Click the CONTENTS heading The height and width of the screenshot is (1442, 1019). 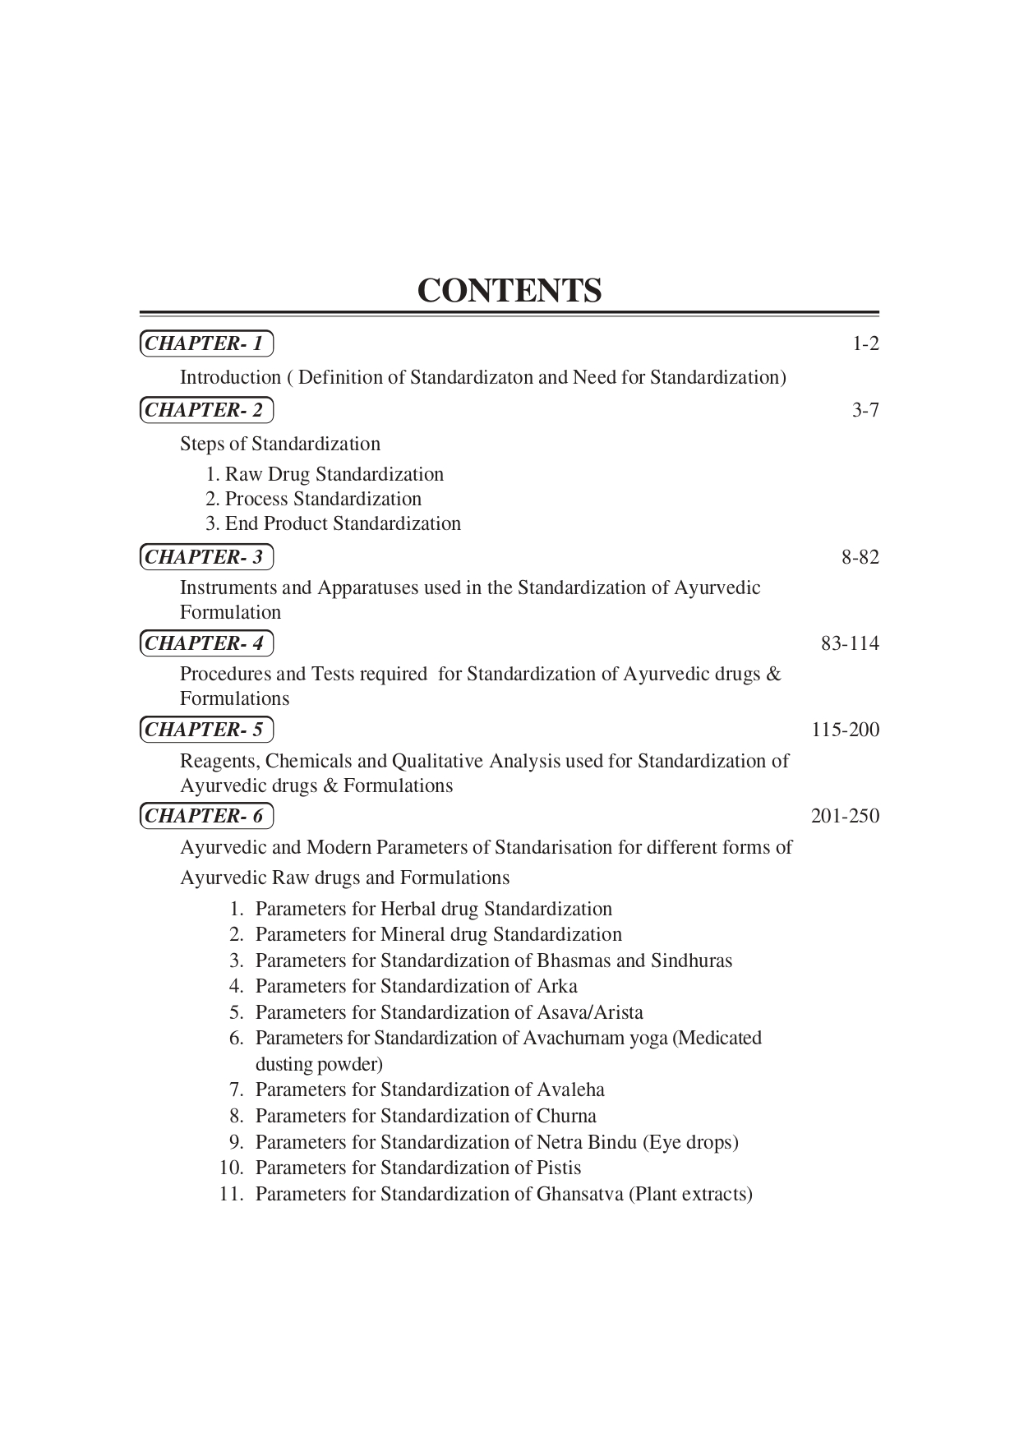[x=509, y=291]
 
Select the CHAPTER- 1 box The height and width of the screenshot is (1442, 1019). [x=205, y=343]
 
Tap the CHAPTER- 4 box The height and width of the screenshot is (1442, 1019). [x=205, y=643]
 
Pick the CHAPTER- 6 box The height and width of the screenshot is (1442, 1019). [x=205, y=816]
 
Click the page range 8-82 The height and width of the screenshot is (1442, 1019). [x=860, y=558]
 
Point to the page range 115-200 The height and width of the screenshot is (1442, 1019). [x=845, y=730]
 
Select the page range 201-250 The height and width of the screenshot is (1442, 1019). [x=845, y=816]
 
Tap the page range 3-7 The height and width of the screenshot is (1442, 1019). [x=865, y=410]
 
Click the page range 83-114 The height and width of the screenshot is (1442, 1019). [x=850, y=643]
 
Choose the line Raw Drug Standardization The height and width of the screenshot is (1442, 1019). [x=325, y=474]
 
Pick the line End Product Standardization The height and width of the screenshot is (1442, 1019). [x=333, y=523]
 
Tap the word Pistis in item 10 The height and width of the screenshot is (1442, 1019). [x=559, y=1168]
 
